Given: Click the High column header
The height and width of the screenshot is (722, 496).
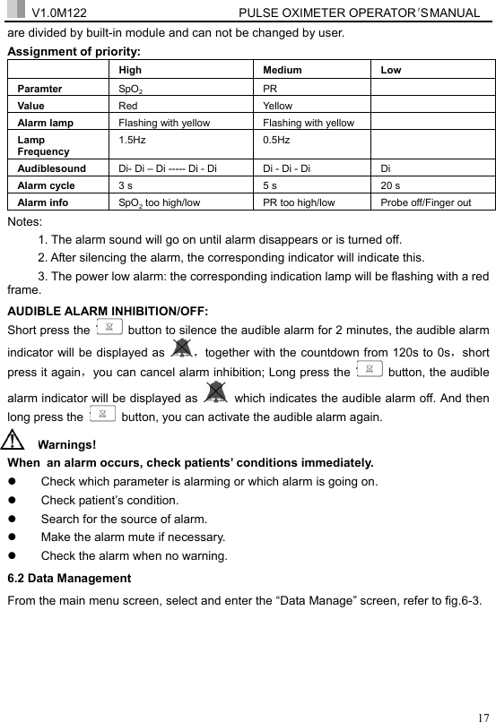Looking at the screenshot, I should click(x=130, y=70).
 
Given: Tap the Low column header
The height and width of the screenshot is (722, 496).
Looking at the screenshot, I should click(x=391, y=70).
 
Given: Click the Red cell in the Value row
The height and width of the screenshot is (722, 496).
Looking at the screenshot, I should click(x=128, y=106).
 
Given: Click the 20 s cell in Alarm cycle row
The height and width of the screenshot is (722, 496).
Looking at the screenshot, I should click(x=391, y=185).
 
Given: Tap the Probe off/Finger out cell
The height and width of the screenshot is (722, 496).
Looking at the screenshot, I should click(x=426, y=203).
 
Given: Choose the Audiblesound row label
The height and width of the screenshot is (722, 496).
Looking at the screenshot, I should click(x=52, y=168).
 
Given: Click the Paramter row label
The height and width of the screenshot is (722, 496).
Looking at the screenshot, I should click(x=40, y=89).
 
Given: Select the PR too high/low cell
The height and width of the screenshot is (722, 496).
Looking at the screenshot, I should click(x=299, y=203).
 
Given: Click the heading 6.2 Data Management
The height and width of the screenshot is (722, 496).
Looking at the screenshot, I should click(x=69, y=579).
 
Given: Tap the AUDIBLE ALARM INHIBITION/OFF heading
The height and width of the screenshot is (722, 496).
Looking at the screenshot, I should click(x=108, y=312).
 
